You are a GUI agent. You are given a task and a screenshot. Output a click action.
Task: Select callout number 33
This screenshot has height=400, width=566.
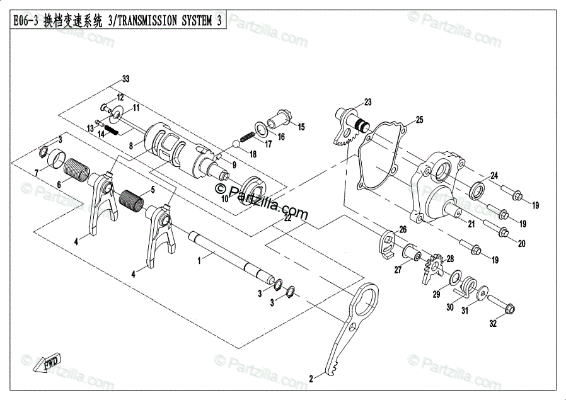125,79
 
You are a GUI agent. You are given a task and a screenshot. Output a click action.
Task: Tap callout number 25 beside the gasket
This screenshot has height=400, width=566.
419,119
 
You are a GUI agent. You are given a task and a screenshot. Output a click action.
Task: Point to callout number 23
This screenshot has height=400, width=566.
367,102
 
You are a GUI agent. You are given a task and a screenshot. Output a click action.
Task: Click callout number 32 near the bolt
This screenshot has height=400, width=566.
493,324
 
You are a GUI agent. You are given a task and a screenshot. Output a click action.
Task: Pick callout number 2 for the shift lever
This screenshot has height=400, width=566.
311,379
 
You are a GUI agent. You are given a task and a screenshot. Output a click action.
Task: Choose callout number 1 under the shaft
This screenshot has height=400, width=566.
199,259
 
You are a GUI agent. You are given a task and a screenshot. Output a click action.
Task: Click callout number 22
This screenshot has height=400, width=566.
287,218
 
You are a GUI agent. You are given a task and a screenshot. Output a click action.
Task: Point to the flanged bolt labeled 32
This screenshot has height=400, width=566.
502,306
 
